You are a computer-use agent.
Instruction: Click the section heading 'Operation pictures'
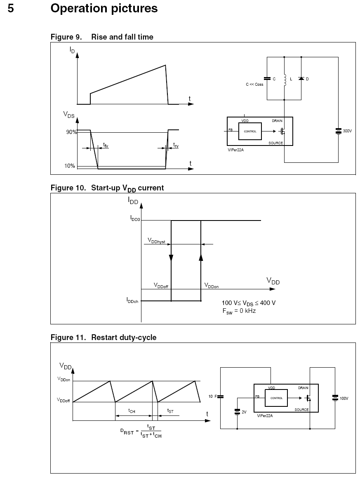point(104,8)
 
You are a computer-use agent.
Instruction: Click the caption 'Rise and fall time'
point(122,37)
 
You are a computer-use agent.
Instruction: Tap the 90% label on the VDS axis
point(71,132)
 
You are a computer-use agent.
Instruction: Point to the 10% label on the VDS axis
point(70,166)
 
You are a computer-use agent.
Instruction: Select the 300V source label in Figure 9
point(347,131)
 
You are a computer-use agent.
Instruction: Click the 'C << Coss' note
point(254,84)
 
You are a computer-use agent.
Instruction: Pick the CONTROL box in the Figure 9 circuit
point(250,131)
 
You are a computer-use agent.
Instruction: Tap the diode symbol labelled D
point(301,79)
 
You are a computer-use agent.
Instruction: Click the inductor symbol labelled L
point(285,80)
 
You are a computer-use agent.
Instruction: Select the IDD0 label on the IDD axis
point(135,218)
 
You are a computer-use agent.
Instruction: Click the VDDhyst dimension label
point(157,241)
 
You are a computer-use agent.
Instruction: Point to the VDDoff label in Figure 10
point(161,286)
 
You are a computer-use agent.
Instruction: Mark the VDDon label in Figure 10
point(212,286)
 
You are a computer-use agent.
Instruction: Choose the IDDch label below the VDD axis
point(132,300)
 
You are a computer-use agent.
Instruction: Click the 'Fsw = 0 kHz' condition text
point(239,311)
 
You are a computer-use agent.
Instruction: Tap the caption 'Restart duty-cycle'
point(124,338)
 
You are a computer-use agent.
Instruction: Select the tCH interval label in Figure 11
point(132,411)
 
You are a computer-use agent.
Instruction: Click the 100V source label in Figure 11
point(344,399)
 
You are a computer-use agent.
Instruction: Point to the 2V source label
point(244,412)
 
